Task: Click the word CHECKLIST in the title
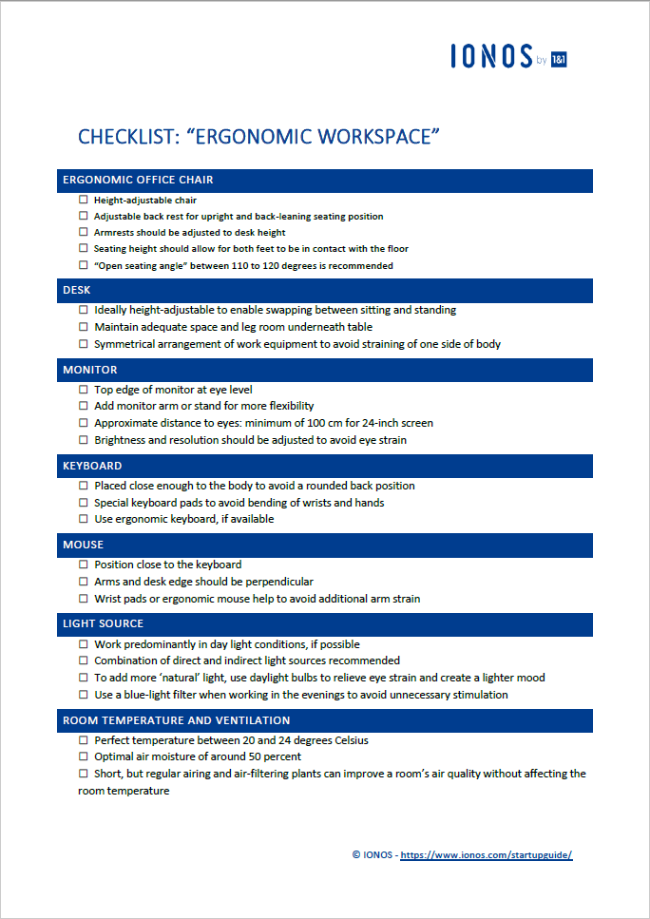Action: pyautogui.click(x=128, y=136)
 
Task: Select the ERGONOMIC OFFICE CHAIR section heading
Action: pyautogui.click(x=138, y=180)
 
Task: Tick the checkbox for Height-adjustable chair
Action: pyautogui.click(x=84, y=200)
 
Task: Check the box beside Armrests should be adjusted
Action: pyautogui.click(x=84, y=232)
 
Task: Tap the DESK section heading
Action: pyautogui.click(x=77, y=290)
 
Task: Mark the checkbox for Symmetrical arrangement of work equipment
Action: pyautogui.click(x=84, y=344)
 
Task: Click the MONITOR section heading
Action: pyautogui.click(x=90, y=370)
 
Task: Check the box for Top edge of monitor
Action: pyautogui.click(x=84, y=390)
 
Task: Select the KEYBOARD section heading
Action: pyautogui.click(x=92, y=466)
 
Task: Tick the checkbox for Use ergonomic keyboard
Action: pyautogui.click(x=84, y=519)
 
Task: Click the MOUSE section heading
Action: pyautogui.click(x=84, y=546)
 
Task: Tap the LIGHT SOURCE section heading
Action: pyautogui.click(x=103, y=623)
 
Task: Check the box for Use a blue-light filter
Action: pyautogui.click(x=84, y=695)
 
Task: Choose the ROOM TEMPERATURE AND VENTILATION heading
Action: pyautogui.click(x=176, y=720)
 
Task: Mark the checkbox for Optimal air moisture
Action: pyautogui.click(x=84, y=756)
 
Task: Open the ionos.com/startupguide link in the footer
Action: pyautogui.click(x=486, y=855)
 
